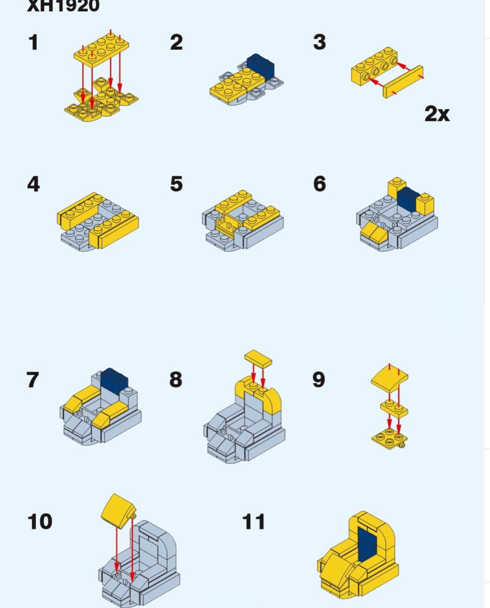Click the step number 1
(x=34, y=42)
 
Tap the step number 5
(x=176, y=184)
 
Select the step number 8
(x=176, y=379)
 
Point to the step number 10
(x=40, y=522)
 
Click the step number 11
(x=254, y=522)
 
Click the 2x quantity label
(x=437, y=113)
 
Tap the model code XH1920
(x=63, y=6)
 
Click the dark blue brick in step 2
(x=261, y=65)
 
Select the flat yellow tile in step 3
(x=403, y=82)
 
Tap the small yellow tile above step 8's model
(x=258, y=358)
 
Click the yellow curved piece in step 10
(x=119, y=510)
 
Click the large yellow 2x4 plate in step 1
(x=101, y=49)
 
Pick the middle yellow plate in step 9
(x=394, y=409)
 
